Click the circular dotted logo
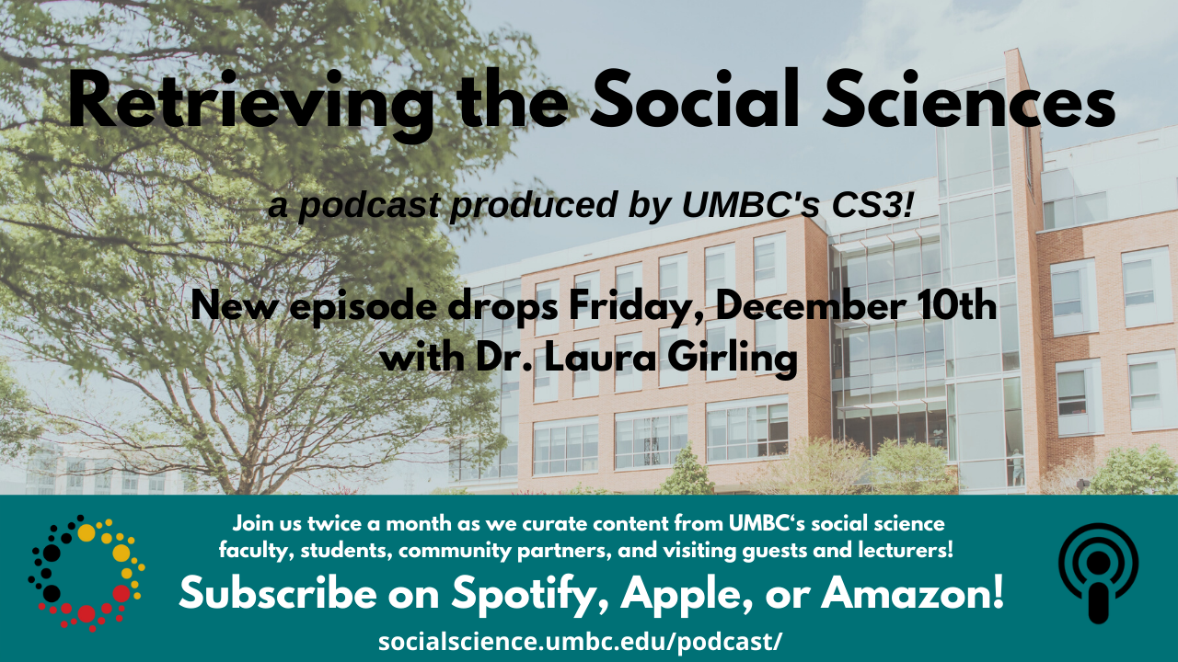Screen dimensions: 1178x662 [x=87, y=573]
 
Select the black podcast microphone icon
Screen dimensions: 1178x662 [x=1098, y=573]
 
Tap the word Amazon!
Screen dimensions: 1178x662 [x=912, y=592]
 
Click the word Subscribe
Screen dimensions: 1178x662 [x=278, y=592]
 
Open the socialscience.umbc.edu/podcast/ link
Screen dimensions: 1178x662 [x=580, y=642]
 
